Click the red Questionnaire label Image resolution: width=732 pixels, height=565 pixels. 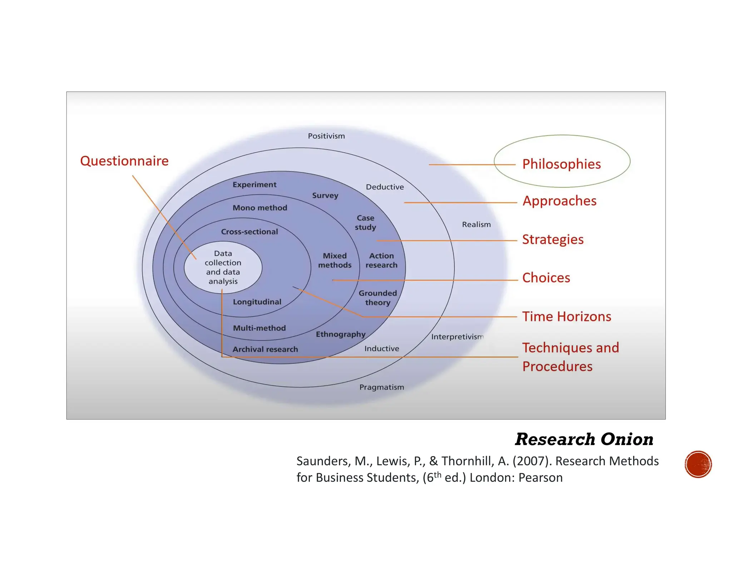[124, 161]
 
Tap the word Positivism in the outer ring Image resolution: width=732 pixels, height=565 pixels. [326, 136]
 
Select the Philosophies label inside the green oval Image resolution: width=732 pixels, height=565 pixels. [561, 164]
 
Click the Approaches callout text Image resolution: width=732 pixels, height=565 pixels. [559, 201]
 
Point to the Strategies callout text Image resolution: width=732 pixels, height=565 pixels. [553, 239]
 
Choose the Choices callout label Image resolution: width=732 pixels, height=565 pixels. [546, 278]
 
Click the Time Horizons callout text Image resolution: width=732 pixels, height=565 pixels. [567, 316]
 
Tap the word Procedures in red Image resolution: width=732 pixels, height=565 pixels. [557, 366]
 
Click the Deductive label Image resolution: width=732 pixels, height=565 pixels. [385, 187]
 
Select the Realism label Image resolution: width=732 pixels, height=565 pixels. [476, 224]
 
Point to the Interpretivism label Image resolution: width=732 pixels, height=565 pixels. [457, 337]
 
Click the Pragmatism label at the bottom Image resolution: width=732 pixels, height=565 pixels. [381, 387]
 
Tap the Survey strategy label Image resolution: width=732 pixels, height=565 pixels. [325, 195]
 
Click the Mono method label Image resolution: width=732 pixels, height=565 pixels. [260, 208]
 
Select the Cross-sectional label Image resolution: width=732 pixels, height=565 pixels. [249, 232]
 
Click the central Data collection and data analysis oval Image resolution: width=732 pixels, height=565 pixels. [223, 267]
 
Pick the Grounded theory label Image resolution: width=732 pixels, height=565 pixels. [377, 297]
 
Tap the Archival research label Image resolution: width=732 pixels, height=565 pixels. [265, 349]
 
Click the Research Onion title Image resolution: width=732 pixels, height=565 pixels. [584, 439]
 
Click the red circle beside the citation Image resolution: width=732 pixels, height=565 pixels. [698, 464]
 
